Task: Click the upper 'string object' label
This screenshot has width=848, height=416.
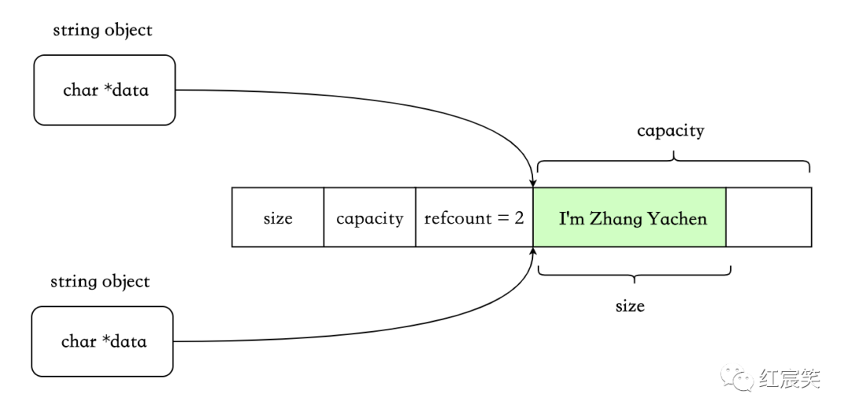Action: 102,31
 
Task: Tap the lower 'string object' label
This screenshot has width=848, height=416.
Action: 100,281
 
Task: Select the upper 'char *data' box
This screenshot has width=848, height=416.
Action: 104,89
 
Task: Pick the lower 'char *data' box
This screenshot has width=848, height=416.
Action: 102,341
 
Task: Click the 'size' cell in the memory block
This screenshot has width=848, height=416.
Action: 277,217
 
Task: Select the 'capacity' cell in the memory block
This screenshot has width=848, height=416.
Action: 369,217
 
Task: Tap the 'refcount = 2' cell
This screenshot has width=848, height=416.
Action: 473,217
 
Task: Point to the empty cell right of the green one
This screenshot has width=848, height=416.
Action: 768,217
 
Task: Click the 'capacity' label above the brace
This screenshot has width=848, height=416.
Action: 670,130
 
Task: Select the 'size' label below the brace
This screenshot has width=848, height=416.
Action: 630,305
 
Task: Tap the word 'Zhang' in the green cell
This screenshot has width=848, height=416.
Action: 616,218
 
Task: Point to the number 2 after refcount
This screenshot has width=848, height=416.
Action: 518,217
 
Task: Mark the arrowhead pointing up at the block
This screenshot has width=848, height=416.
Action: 534,254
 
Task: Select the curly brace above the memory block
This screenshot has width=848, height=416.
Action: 673,159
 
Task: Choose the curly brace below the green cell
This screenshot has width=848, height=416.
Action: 634,273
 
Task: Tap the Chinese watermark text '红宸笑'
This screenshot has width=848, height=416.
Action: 789,379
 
